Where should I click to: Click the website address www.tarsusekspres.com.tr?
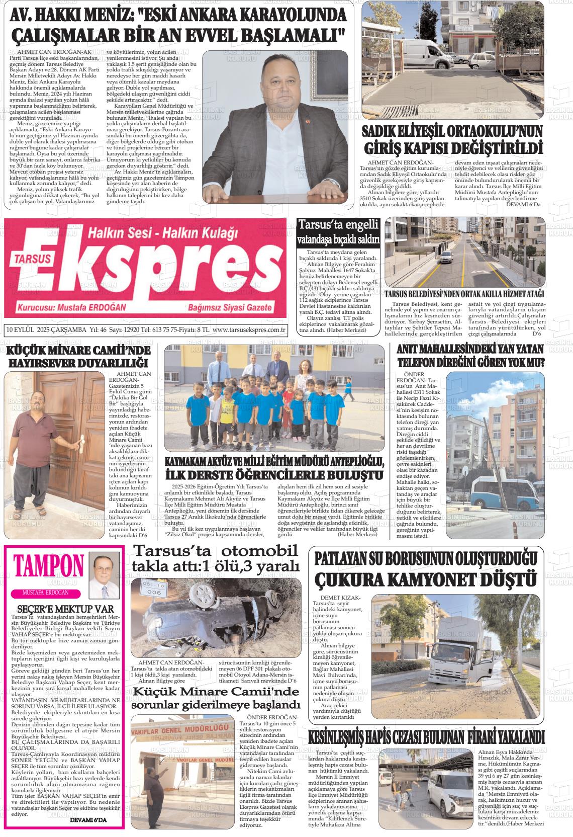pyautogui.click(x=249, y=330)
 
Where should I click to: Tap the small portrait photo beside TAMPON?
pyautogui.click(x=104, y=573)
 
